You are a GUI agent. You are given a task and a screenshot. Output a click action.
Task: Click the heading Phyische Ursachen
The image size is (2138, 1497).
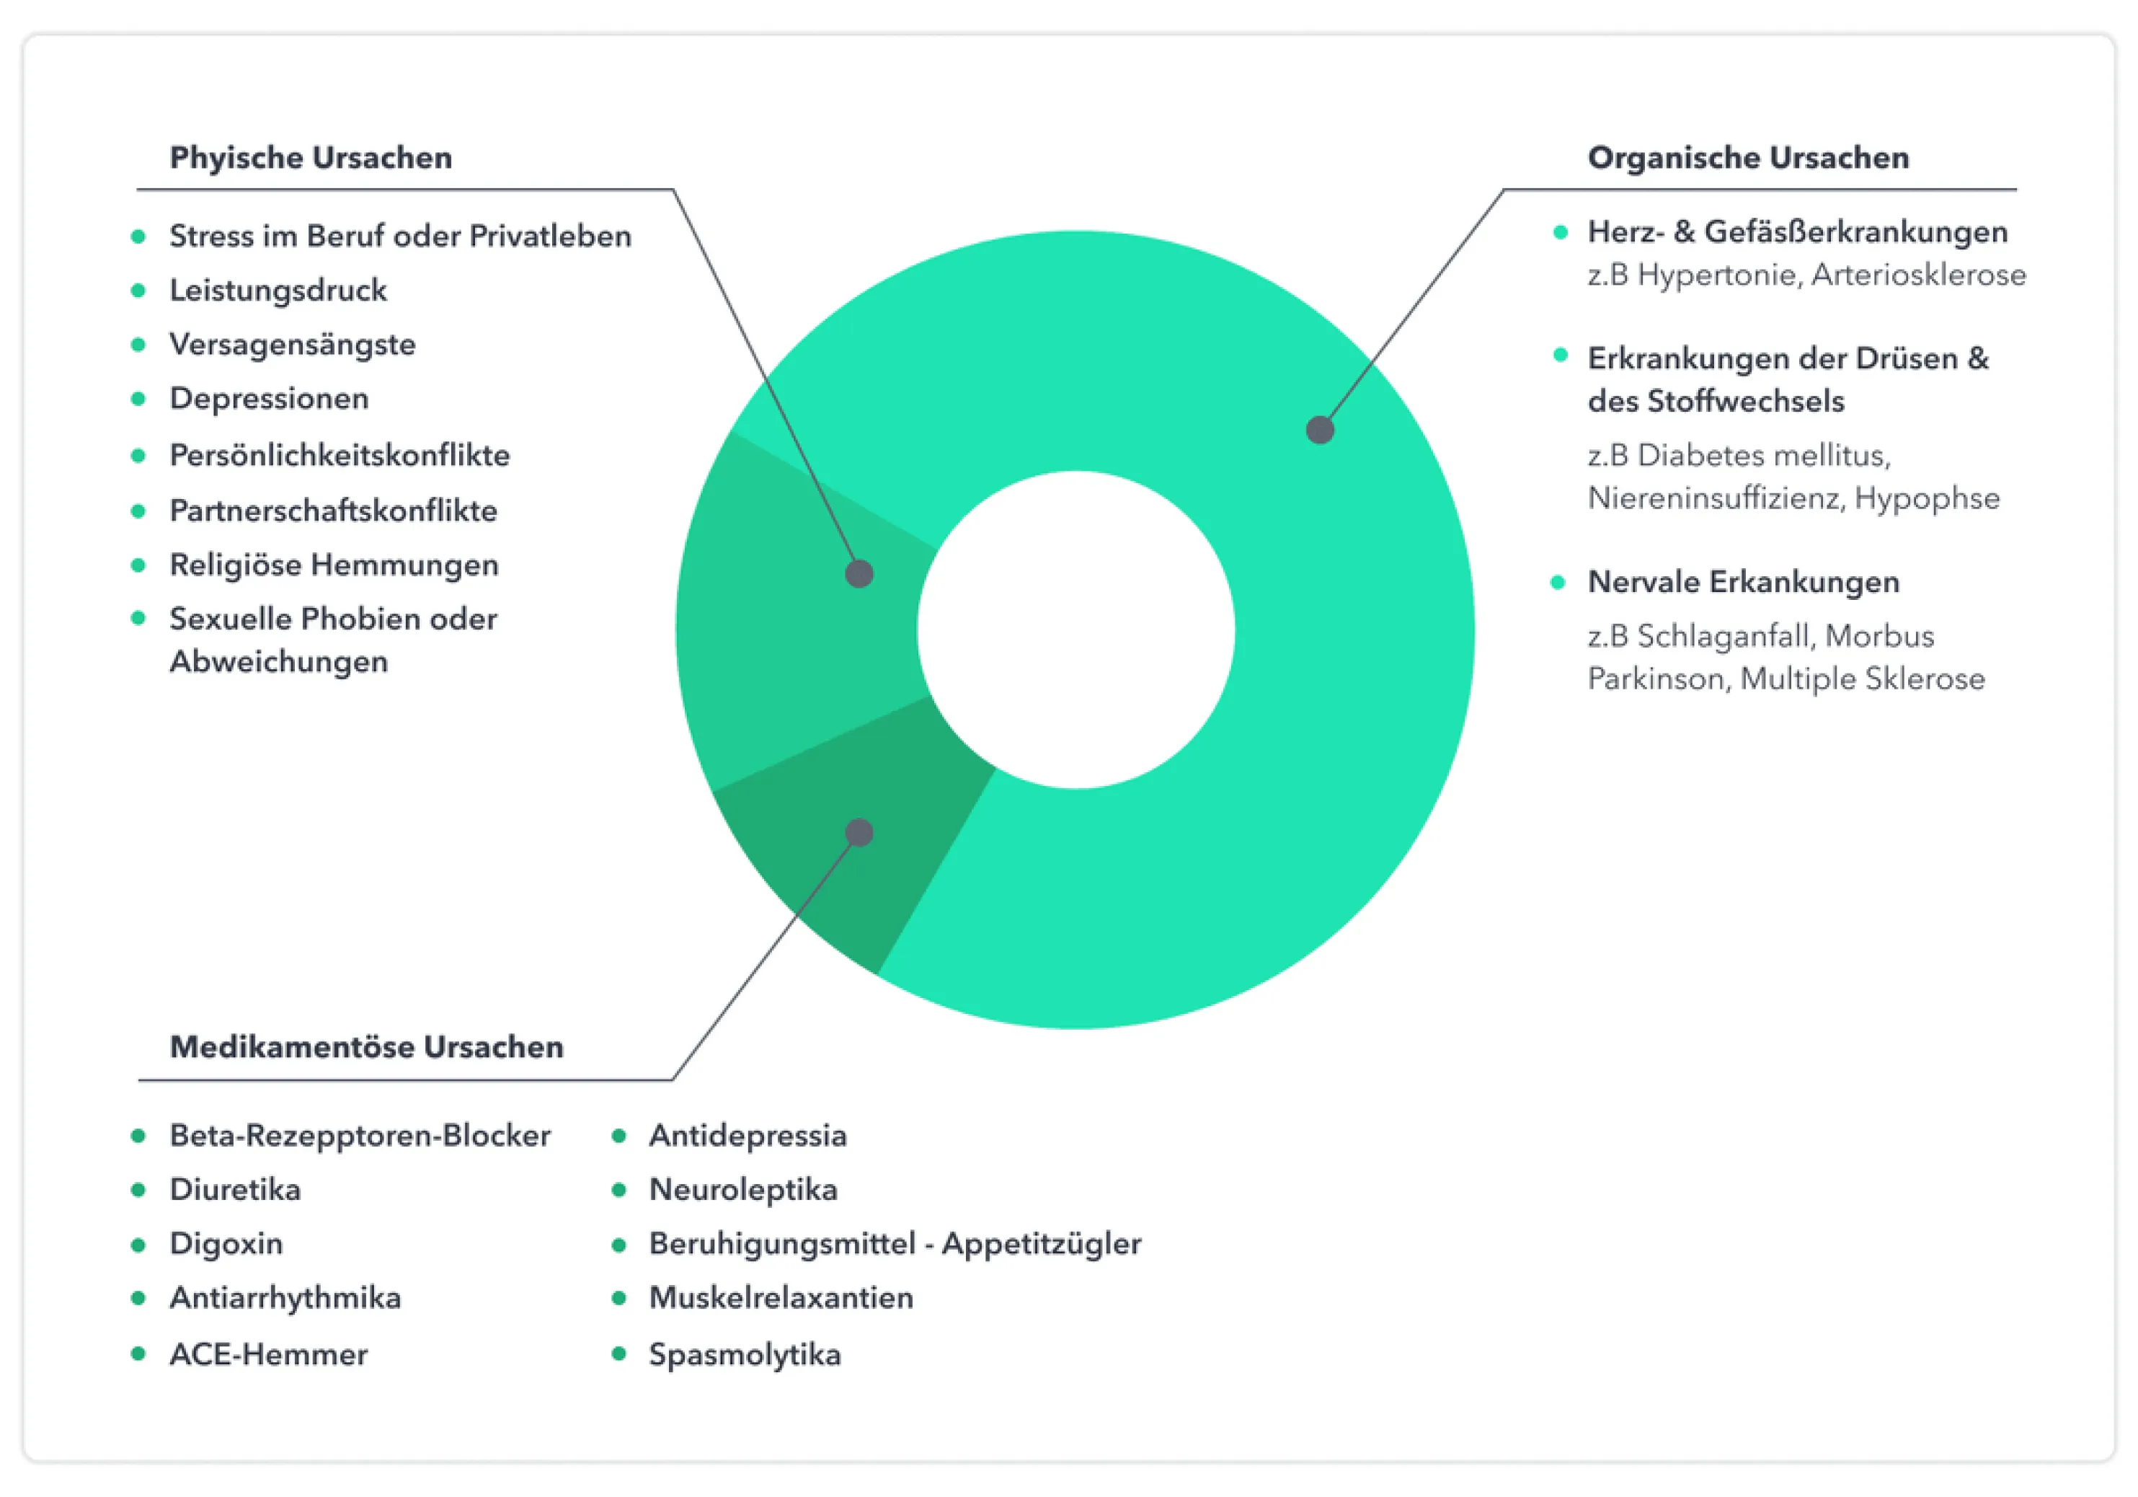point(311,157)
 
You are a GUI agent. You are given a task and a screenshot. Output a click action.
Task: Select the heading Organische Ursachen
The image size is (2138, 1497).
point(1748,157)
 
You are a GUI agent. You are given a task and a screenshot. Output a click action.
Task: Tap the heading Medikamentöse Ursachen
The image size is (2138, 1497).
point(367,1046)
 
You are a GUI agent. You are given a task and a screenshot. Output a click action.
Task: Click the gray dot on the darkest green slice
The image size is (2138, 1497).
point(859,832)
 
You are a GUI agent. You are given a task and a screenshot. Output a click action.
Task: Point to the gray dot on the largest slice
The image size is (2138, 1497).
point(1319,430)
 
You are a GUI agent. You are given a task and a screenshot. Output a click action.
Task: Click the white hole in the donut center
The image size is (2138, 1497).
point(1075,630)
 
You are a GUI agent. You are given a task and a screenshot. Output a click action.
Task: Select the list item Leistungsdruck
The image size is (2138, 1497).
point(278,290)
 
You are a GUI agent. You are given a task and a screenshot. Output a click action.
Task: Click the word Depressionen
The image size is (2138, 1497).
point(269,399)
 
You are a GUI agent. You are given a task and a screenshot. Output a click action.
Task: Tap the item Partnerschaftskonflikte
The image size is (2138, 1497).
point(333,511)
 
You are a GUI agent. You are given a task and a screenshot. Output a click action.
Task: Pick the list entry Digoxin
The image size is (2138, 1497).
point(226,1244)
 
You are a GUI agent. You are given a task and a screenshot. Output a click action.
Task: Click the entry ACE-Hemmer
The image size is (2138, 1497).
point(268,1354)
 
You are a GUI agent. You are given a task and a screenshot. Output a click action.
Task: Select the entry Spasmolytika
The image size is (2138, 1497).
point(745,1354)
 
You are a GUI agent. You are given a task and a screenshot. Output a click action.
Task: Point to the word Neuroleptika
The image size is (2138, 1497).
point(743,1190)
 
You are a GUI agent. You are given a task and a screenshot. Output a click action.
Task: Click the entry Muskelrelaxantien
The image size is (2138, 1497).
point(781,1298)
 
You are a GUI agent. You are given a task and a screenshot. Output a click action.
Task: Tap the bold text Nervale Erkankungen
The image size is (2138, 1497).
point(1743,582)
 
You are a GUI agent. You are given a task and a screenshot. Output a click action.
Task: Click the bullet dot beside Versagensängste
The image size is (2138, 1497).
point(138,345)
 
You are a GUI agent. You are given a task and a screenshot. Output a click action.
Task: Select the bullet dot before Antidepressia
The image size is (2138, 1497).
point(618,1136)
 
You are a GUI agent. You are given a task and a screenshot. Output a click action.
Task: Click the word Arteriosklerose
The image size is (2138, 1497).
point(1918,275)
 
